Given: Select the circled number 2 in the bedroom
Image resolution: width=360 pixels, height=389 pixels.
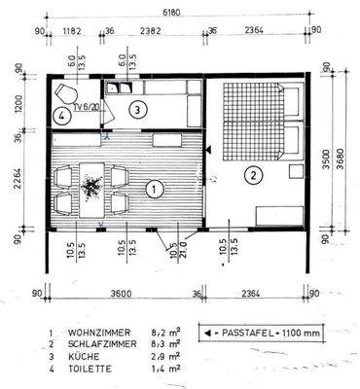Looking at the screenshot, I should pos(253,175).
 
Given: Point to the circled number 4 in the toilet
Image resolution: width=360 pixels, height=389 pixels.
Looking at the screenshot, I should pos(61,116).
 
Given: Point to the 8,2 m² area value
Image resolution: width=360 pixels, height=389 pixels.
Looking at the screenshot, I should pos(165,332).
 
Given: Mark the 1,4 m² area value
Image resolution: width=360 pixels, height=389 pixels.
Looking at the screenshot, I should pos(165,371).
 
